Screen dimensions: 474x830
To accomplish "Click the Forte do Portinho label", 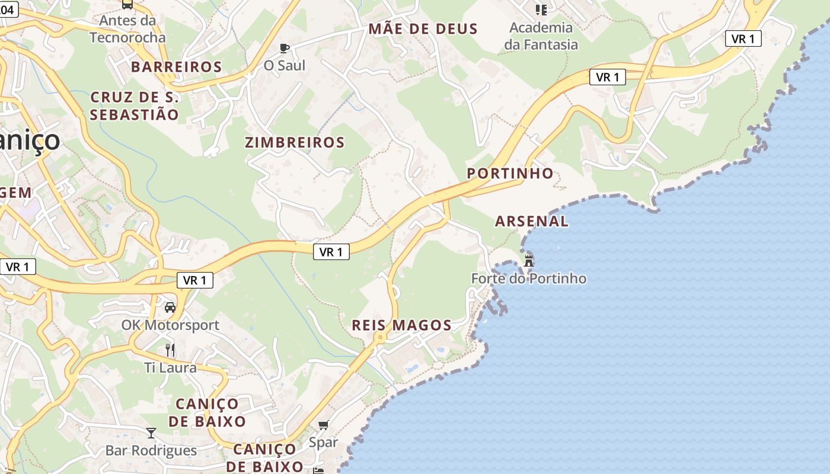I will [528, 278].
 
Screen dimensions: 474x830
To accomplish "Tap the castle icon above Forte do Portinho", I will [528, 260].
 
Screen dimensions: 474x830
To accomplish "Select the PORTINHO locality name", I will [510, 173].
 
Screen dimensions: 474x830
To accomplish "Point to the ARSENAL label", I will [531, 221].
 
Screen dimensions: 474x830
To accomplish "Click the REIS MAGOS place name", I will [401, 325].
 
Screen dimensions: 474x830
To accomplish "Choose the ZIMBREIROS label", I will [295, 142].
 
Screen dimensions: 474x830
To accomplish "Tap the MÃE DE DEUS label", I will [423, 28].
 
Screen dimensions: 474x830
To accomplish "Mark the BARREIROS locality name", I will [177, 67].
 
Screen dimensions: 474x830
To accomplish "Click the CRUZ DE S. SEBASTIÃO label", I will [135, 106].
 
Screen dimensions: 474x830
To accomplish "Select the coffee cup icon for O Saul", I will [285, 48].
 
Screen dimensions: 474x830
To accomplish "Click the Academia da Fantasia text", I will [541, 36].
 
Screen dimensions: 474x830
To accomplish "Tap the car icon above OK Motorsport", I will [170, 308].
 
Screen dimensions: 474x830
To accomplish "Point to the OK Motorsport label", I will [170, 325].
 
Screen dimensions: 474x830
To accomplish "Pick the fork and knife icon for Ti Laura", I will [170, 350].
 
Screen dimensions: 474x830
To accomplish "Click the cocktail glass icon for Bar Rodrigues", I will [151, 433].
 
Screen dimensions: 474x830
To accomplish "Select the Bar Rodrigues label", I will [151, 450].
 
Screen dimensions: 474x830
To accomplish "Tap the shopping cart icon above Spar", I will [323, 425].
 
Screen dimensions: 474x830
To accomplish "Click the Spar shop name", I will [323, 442].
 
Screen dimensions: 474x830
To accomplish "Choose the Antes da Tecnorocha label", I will [127, 29].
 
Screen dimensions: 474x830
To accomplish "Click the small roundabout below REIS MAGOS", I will [380, 337].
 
